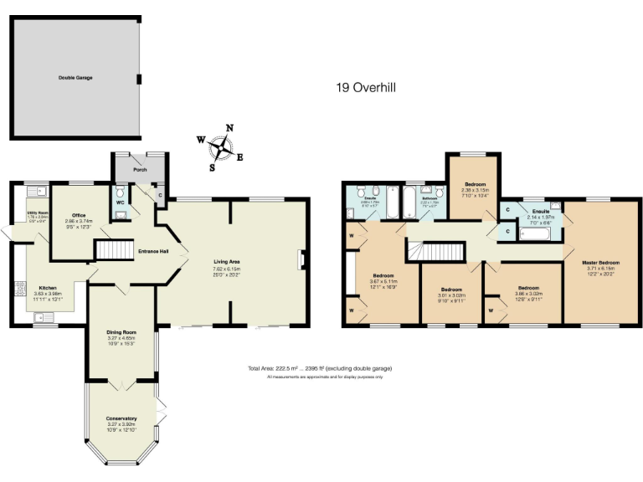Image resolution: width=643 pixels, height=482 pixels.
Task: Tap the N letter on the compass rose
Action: [229, 128]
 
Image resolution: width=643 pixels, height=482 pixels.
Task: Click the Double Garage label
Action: [75, 78]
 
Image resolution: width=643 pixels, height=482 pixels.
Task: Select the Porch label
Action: [141, 169]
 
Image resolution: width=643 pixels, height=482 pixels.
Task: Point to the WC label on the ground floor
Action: [121, 202]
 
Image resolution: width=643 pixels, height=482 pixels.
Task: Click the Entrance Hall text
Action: [153, 251]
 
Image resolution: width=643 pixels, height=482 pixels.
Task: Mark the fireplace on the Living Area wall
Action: [303, 261]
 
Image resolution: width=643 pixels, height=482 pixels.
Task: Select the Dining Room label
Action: [121, 332]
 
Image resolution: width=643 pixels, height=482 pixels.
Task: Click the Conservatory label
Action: [121, 418]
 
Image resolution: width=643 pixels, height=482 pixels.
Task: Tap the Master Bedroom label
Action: [601, 262]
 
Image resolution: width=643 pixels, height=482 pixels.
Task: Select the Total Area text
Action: [320, 368]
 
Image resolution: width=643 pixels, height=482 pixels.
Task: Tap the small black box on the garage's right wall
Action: [139, 79]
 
